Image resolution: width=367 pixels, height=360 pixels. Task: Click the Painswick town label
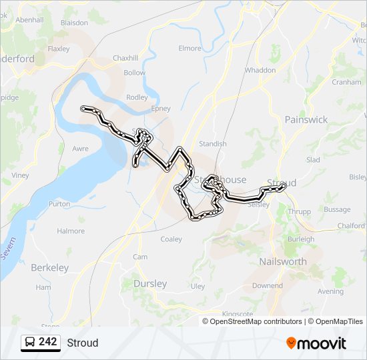(x=306, y=119)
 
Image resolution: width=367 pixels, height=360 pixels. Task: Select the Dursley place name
(x=150, y=283)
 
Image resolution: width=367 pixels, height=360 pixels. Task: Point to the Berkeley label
(x=49, y=267)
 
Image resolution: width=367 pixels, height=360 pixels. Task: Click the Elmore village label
(x=190, y=48)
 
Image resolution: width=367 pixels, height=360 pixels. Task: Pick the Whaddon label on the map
(x=260, y=70)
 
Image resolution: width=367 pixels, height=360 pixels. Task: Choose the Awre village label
(x=79, y=149)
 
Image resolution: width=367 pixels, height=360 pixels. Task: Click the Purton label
(x=59, y=204)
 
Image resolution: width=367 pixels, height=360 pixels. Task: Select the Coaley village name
(x=171, y=239)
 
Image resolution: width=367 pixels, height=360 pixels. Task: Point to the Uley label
(x=198, y=286)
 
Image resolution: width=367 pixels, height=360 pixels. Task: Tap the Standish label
(x=213, y=143)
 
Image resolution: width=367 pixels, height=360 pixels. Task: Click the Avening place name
(x=330, y=291)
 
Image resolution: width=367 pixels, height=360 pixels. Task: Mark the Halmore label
(x=71, y=231)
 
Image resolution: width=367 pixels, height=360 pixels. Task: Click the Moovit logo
(x=316, y=343)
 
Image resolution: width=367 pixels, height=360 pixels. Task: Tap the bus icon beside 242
(x=29, y=342)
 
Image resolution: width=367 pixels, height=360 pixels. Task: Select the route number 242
(x=47, y=342)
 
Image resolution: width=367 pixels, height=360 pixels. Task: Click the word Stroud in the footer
(x=82, y=343)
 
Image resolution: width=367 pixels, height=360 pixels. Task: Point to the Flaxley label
(x=59, y=49)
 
